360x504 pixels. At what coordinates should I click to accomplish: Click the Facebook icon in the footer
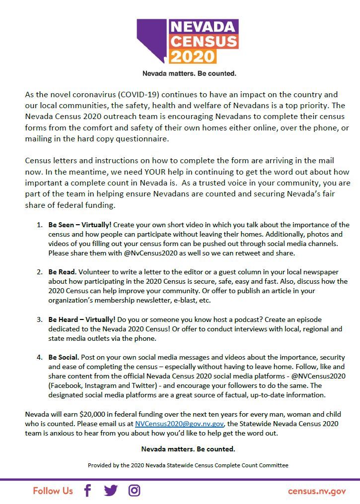(87, 491)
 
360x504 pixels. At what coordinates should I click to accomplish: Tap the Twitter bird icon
(111, 491)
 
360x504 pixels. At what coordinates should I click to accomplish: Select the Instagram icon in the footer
(134, 491)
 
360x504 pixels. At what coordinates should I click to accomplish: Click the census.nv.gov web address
(317, 491)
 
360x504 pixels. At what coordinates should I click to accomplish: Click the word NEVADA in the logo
(203, 26)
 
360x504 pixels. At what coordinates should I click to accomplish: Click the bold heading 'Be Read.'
(62, 272)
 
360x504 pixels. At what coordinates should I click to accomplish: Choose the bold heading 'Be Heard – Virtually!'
(82, 320)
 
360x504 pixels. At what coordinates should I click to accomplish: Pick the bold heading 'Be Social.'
(64, 358)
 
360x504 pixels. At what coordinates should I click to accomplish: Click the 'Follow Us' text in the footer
(53, 491)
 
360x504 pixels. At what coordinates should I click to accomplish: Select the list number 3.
(39, 320)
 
